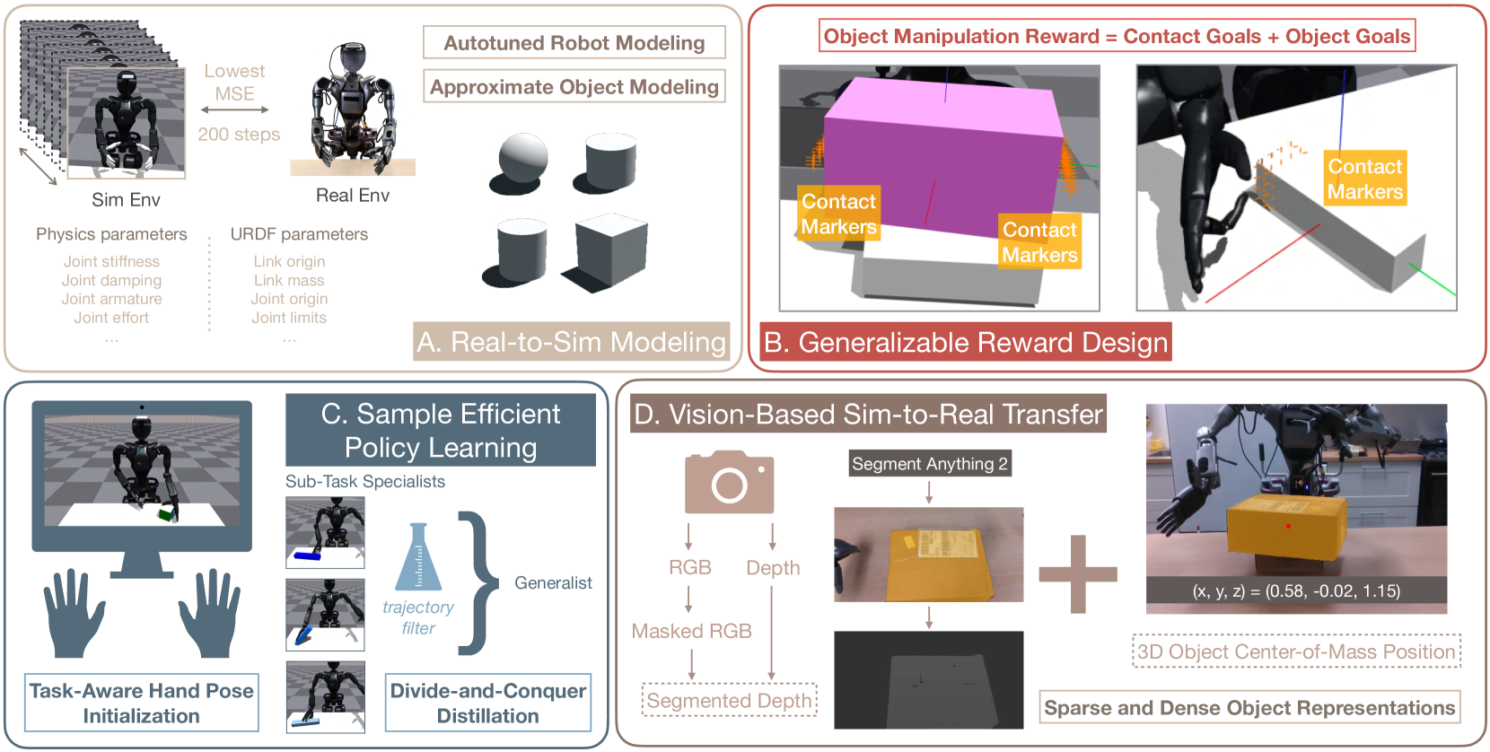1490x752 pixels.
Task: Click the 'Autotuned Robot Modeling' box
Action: pyautogui.click(x=574, y=43)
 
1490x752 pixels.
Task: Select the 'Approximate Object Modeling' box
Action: pyautogui.click(x=574, y=87)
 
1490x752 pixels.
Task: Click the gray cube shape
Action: pyautogui.click(x=610, y=248)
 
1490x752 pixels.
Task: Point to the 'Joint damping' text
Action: pyautogui.click(x=111, y=280)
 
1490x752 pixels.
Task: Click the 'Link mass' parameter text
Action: pyautogui.click(x=288, y=280)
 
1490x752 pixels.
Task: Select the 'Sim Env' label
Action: pyautogui.click(x=126, y=199)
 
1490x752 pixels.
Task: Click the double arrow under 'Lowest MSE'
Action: pyautogui.click(x=234, y=109)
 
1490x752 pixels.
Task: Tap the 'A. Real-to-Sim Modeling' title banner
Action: pyautogui.click(x=571, y=342)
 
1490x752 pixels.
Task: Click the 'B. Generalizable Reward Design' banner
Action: pyautogui.click(x=965, y=342)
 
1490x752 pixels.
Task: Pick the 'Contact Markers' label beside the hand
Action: pyautogui.click(x=1364, y=179)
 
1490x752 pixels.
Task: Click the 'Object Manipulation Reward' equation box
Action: pyautogui.click(x=1117, y=36)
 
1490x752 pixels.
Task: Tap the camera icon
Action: pyautogui.click(x=729, y=482)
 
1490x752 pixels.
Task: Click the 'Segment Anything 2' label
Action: pyautogui.click(x=929, y=464)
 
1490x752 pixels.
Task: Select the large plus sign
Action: pyautogui.click(x=1078, y=574)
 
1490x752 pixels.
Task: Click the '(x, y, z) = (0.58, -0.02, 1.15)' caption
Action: pyautogui.click(x=1296, y=590)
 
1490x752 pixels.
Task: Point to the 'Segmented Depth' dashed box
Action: pyautogui.click(x=729, y=700)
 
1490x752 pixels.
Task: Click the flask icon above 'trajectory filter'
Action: pyautogui.click(x=418, y=557)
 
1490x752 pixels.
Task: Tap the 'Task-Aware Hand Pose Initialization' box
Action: pyautogui.click(x=142, y=703)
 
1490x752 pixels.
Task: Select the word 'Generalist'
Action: pyautogui.click(x=553, y=583)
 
